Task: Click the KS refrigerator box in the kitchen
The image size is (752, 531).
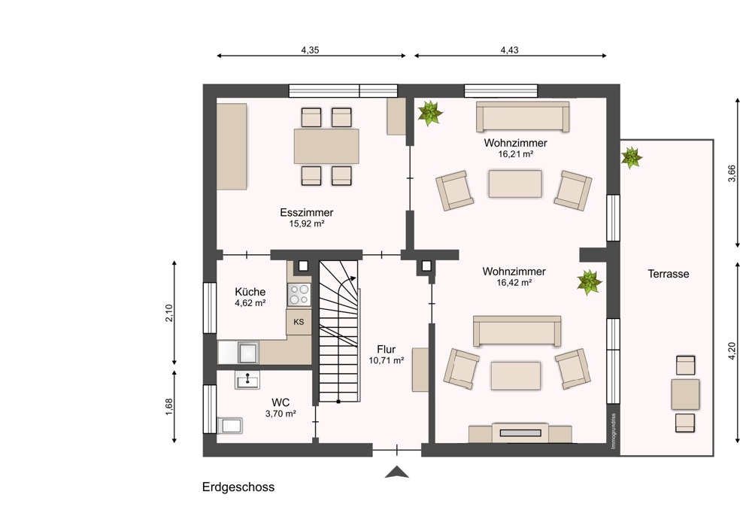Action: [299, 322]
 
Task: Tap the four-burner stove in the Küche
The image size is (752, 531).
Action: [299, 295]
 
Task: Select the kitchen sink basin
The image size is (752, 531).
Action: [248, 353]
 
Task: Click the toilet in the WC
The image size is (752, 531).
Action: [230, 426]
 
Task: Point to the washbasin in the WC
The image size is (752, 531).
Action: [247, 380]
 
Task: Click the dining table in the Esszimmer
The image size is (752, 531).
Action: [326, 147]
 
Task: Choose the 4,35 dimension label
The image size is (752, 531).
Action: [311, 50]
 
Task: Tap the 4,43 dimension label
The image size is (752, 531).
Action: [509, 50]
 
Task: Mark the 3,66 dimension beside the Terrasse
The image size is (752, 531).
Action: [732, 173]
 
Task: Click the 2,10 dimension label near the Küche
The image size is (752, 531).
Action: [168, 313]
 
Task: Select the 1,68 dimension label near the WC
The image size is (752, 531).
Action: [168, 407]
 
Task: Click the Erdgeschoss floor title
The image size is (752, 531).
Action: [238, 487]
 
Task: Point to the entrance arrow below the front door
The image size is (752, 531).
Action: [396, 472]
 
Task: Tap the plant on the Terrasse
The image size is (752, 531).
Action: [631, 158]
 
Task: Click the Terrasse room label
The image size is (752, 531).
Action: [668, 274]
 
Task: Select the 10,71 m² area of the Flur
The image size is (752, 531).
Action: [386, 361]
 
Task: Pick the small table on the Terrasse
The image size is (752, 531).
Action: [685, 394]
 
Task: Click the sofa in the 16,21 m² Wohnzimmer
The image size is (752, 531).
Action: [523, 116]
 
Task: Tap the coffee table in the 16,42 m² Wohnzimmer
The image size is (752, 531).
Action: [516, 375]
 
